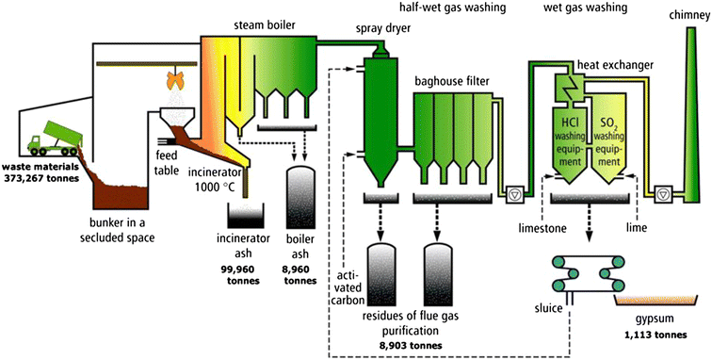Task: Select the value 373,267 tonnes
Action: tap(39, 176)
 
